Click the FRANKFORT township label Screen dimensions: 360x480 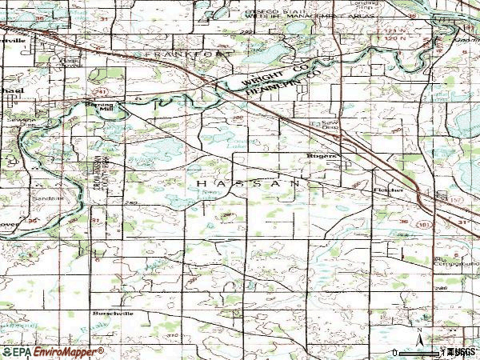tap(180, 54)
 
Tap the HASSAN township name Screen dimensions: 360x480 tap(248, 183)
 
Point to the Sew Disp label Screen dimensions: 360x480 tap(321, 124)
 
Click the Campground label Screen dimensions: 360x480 tap(450, 263)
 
